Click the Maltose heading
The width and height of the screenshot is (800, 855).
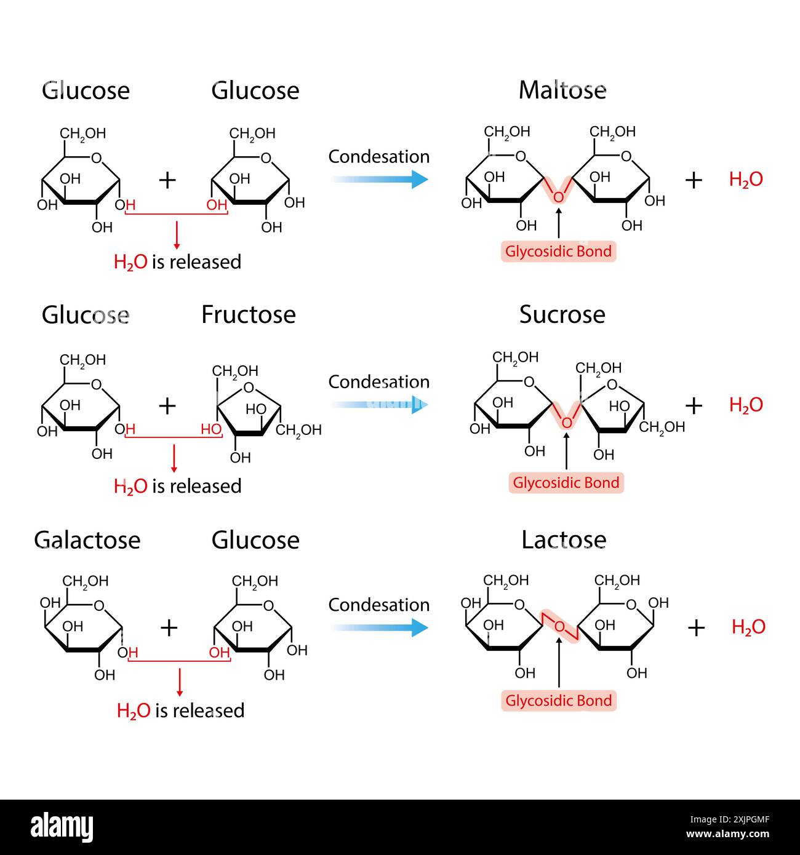pos(562,90)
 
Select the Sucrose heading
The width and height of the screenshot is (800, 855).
pos(562,314)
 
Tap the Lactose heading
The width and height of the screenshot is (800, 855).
pos(564,540)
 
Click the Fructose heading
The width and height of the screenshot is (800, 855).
pos(249,314)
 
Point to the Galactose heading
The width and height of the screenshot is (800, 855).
pos(87,540)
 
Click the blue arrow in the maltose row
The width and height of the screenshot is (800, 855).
pos(380,179)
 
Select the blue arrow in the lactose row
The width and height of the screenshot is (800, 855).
pos(380,627)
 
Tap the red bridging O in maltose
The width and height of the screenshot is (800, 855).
pos(558,197)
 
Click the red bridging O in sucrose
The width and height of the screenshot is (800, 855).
pos(567,423)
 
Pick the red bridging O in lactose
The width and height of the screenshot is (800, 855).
pos(559,626)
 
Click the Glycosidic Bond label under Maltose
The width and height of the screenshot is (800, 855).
pos(558,251)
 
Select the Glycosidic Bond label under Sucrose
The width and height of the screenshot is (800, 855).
pos(566,483)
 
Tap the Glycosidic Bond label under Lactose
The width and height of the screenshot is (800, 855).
pos(559,701)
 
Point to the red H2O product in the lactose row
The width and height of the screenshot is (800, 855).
pos(749,627)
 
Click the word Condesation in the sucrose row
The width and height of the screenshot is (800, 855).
pos(379,382)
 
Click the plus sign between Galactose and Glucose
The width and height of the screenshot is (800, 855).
pos(169,627)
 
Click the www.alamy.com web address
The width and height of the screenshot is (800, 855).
pos(727,834)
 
